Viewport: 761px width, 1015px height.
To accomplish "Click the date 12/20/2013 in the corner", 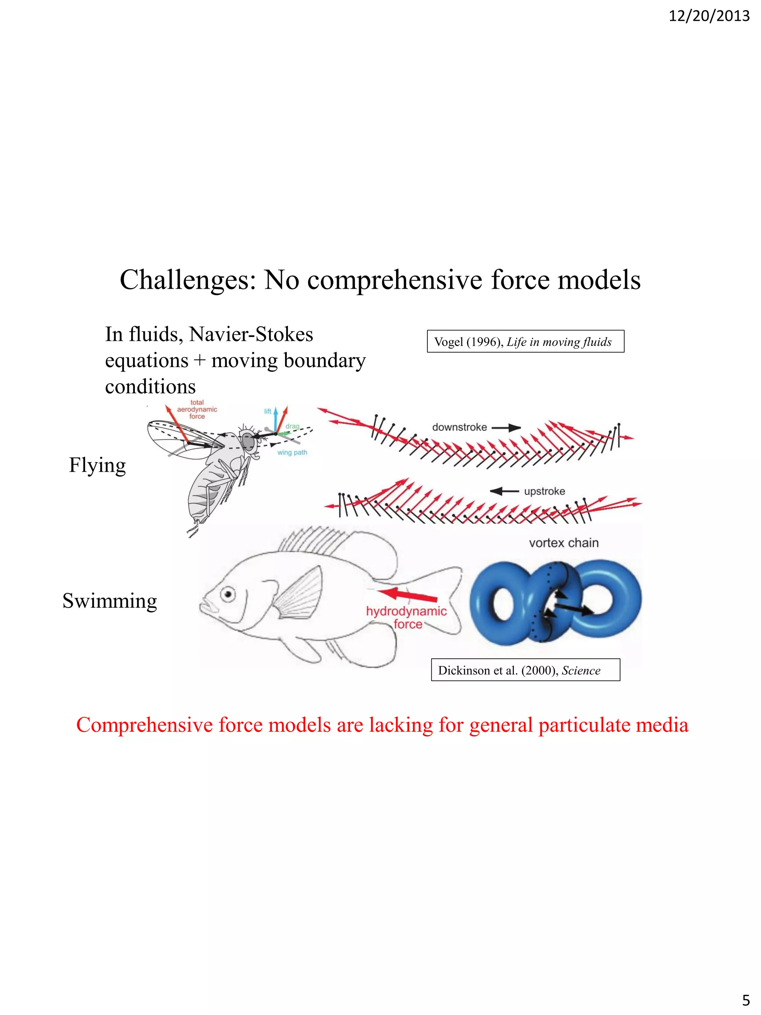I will point(709,16).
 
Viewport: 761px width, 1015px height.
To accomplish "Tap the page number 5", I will point(746,999).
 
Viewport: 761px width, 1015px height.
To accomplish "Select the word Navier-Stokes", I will point(251,334).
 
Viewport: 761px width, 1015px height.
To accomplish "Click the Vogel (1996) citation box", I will point(525,342).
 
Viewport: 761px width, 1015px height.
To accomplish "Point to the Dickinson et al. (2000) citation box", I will point(525,670).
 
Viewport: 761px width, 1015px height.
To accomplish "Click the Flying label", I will point(97,465).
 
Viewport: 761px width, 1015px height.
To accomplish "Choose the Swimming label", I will point(110,601).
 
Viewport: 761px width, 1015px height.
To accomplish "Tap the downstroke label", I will point(459,427).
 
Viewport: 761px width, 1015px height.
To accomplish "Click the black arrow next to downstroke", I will point(506,428).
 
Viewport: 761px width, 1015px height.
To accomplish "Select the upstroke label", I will point(544,491).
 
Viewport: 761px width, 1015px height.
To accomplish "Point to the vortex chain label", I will point(564,543).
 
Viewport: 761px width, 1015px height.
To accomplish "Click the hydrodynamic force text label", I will point(407,618).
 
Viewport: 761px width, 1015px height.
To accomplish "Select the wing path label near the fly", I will point(292,452).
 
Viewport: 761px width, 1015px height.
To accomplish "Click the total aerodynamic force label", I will point(197,409).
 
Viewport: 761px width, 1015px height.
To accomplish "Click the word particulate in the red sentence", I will point(575,725).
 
